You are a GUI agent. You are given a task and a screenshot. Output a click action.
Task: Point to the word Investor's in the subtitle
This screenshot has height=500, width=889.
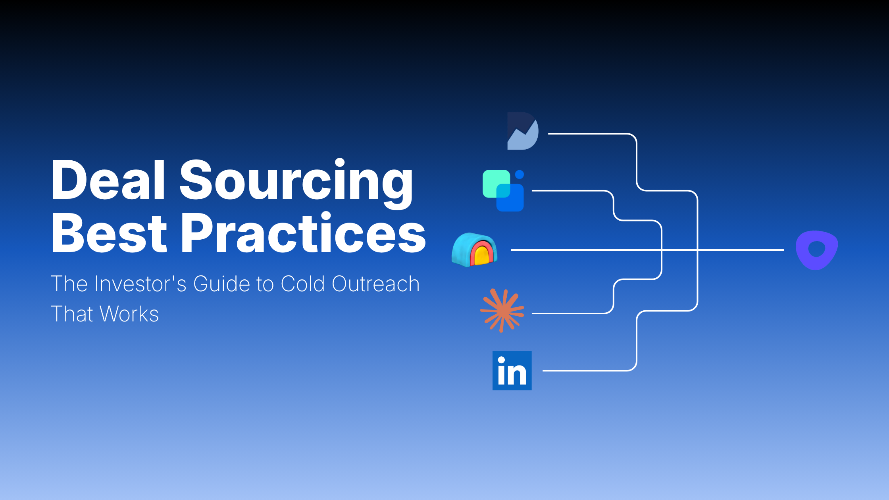pyautogui.click(x=140, y=284)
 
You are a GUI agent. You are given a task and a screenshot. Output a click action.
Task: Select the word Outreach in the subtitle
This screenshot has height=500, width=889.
pyautogui.click(x=375, y=284)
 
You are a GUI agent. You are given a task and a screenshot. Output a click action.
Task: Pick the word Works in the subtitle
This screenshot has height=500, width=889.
pyautogui.click(x=129, y=314)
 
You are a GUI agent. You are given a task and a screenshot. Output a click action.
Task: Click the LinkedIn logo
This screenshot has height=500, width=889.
pyautogui.click(x=512, y=371)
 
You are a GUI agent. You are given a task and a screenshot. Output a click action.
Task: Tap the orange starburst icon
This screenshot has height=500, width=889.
pyautogui.click(x=502, y=311)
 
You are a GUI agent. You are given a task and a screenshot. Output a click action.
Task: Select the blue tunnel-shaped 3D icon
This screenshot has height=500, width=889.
pyautogui.click(x=474, y=250)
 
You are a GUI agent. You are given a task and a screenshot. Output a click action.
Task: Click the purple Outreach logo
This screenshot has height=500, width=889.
pyautogui.click(x=817, y=250)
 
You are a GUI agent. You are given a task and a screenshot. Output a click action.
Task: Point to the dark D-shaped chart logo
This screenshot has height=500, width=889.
pyautogui.click(x=523, y=131)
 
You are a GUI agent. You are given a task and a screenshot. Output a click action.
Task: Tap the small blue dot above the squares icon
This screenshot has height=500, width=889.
pyautogui.click(x=519, y=175)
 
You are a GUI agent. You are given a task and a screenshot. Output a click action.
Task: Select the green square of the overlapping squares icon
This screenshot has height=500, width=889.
pyautogui.click(x=492, y=181)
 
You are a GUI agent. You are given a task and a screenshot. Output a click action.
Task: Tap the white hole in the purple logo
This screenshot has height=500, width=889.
pyautogui.click(x=816, y=249)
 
